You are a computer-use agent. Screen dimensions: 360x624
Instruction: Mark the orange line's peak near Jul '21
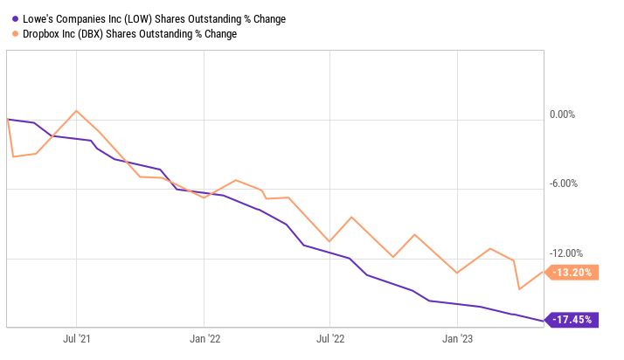click(77, 111)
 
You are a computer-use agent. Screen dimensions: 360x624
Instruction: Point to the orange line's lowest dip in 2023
click(520, 289)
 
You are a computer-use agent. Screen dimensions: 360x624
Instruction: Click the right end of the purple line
click(543, 321)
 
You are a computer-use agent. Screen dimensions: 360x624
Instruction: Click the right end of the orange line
click(543, 272)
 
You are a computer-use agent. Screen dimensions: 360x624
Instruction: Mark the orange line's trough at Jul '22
click(329, 241)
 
